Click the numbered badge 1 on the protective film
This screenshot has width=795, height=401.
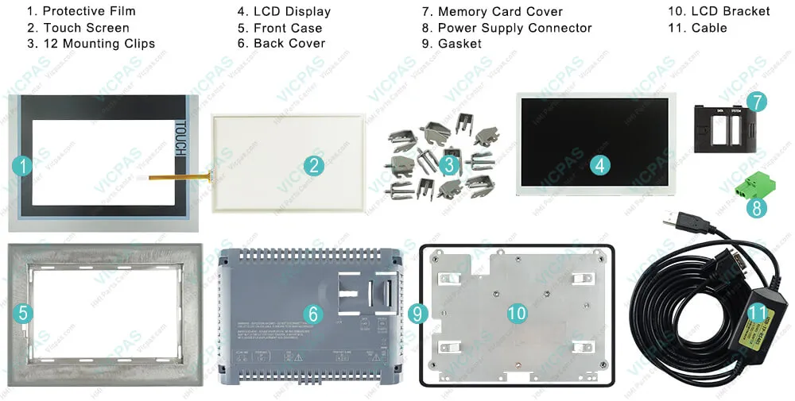pos(24,165)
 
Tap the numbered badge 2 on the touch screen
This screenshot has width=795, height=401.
pos(314,165)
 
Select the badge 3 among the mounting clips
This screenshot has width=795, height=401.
pos(449,165)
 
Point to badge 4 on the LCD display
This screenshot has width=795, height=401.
pos(601,165)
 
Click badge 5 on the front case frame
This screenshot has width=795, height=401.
pos(24,313)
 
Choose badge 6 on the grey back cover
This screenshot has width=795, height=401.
pos(314,314)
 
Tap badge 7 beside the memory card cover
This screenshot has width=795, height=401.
pos(756,102)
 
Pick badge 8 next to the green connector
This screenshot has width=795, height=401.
pos(756,208)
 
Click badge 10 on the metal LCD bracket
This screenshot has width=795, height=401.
pos(517,314)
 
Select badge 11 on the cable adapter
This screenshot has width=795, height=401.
pos(756,314)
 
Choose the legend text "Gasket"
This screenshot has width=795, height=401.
pos(460,44)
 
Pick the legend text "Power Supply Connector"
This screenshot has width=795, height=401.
pos(514,28)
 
